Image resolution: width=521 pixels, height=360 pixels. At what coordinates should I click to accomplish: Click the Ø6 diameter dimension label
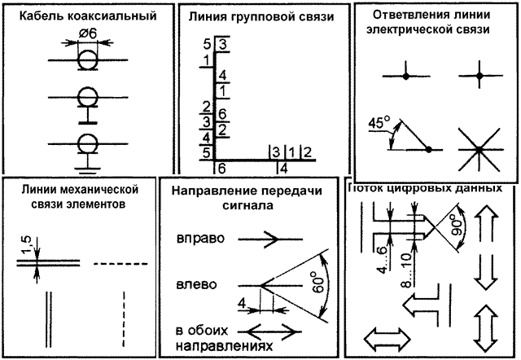(88, 33)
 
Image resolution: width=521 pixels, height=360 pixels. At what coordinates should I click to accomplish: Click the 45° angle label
(379, 123)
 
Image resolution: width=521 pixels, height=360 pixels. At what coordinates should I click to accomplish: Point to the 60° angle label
(318, 282)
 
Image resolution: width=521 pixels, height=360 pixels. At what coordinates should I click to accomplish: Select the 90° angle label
(458, 225)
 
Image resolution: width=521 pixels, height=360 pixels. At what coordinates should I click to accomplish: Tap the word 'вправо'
(200, 239)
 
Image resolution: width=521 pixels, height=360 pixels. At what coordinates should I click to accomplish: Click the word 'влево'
(196, 285)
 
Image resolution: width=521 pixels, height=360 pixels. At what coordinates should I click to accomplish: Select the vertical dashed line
(124, 319)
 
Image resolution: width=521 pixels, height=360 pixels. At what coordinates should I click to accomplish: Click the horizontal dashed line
(120, 264)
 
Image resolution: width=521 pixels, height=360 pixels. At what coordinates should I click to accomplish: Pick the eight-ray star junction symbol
(479, 150)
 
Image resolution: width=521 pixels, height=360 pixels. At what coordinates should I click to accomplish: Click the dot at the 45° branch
(428, 150)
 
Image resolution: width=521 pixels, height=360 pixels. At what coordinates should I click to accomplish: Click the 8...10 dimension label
(407, 269)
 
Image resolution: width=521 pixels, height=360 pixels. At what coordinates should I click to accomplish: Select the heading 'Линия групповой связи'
(261, 16)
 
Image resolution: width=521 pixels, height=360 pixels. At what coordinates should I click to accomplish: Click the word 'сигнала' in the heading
(247, 205)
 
